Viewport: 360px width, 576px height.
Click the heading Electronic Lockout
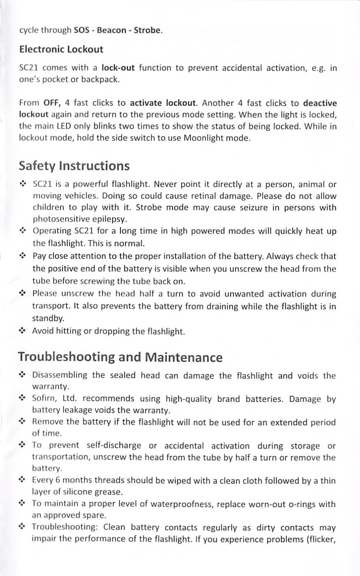point(61,49)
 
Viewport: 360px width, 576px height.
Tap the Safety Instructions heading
point(74,166)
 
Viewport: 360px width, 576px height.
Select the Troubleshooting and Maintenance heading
point(120,357)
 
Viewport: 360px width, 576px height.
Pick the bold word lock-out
point(118,68)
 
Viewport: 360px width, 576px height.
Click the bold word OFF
point(51,103)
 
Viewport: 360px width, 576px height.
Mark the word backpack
point(100,80)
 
